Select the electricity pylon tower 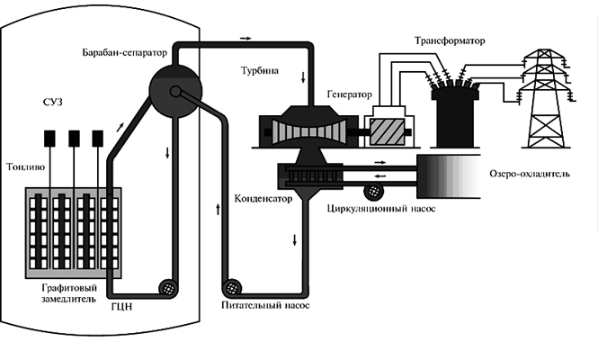(545, 94)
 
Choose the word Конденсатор (263, 199)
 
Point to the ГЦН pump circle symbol (166, 288)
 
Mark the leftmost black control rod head (50, 137)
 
